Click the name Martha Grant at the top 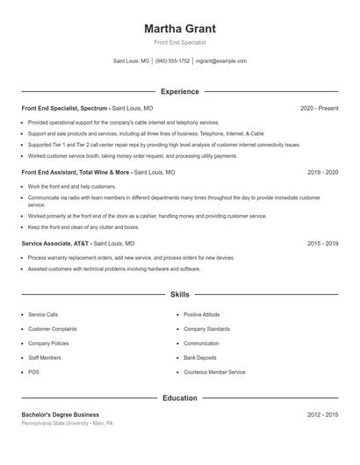click(179, 29)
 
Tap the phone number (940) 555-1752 click(173, 61)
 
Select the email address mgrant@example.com click(221, 61)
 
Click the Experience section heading click(179, 91)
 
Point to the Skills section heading click(179, 295)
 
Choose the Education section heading click(179, 397)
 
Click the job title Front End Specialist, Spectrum click(64, 108)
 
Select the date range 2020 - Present click(319, 108)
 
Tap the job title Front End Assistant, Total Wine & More click(76, 173)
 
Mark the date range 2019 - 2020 click(322, 173)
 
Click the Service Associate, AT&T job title click(54, 243)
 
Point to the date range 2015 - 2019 click(322, 243)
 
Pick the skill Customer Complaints click(52, 329)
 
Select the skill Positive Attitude click(202, 314)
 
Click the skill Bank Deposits click(200, 358)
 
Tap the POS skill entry click(33, 372)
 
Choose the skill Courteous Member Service click(214, 372)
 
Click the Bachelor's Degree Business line click(61, 414)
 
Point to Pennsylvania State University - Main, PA click(68, 423)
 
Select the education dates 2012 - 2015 click(322, 414)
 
